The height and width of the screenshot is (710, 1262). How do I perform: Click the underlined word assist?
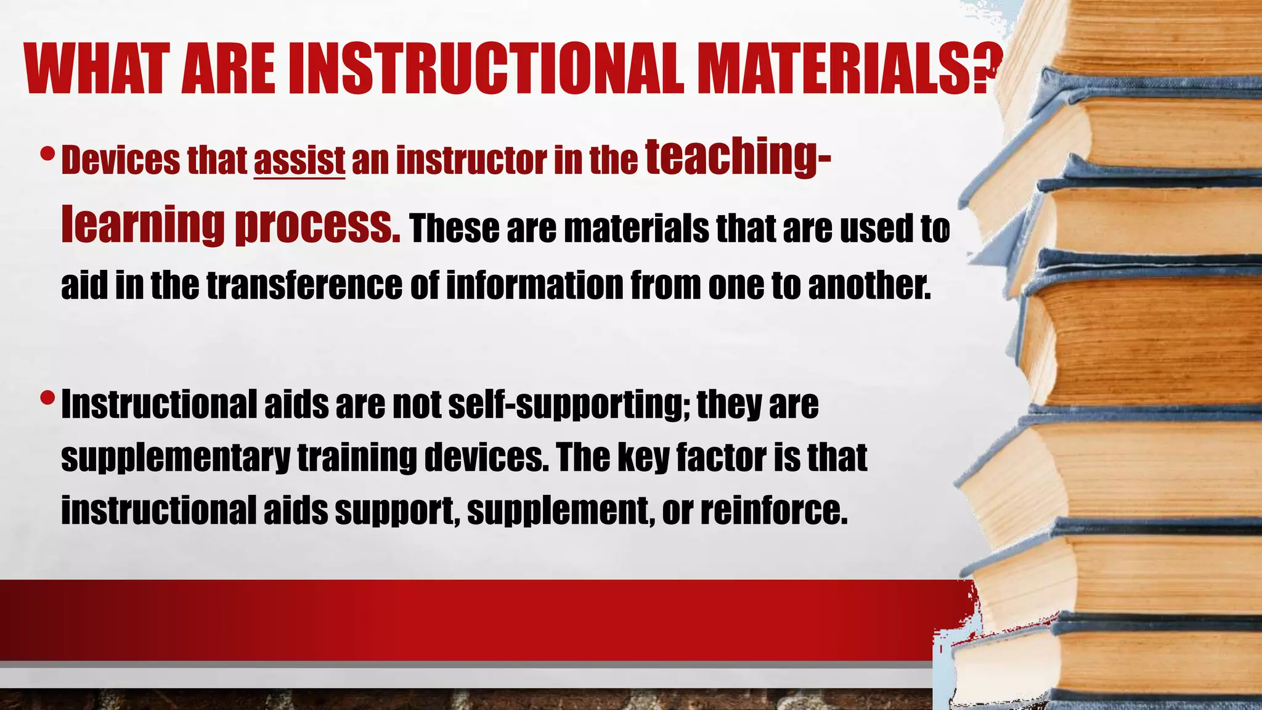[x=299, y=160]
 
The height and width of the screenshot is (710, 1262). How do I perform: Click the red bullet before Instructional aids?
[x=47, y=398]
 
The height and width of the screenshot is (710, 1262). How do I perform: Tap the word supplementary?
[x=175, y=458]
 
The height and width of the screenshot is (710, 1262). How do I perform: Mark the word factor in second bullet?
[x=721, y=458]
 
